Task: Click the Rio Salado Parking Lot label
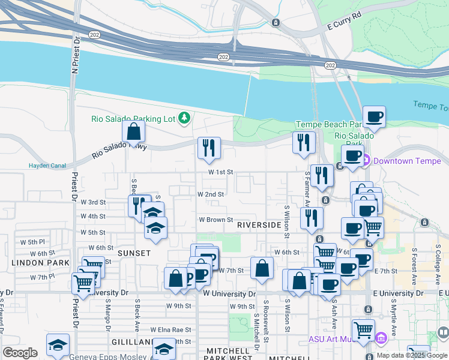(x=133, y=119)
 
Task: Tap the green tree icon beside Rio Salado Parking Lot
(x=184, y=118)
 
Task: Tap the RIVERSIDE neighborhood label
(x=259, y=225)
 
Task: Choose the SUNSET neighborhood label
(x=134, y=253)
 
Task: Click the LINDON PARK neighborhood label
(x=32, y=263)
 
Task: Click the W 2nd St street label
(x=211, y=194)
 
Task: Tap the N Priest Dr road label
(x=76, y=55)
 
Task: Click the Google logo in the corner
(x=20, y=353)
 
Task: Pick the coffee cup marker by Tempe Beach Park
(x=373, y=116)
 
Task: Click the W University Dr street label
(x=229, y=294)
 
